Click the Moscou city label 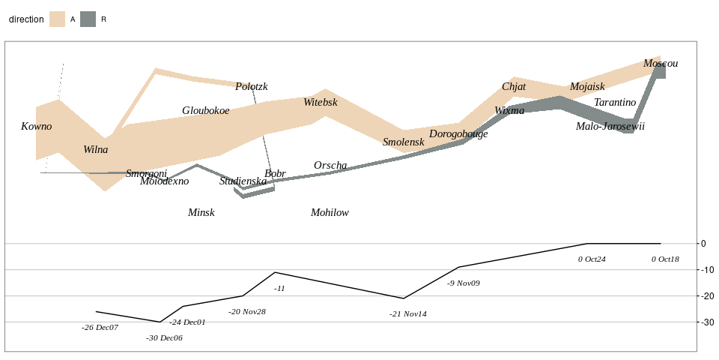pyautogui.click(x=661, y=64)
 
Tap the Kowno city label pyautogui.click(x=37, y=126)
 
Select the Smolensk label pyautogui.click(x=403, y=142)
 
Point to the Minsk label pyautogui.click(x=201, y=212)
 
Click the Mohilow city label pyautogui.click(x=330, y=212)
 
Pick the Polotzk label pyautogui.click(x=251, y=86)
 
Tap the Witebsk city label pyautogui.click(x=321, y=102)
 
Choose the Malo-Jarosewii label pyautogui.click(x=610, y=126)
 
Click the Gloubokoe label pyautogui.click(x=206, y=110)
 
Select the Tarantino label pyautogui.click(x=615, y=102)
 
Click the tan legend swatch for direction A pyautogui.click(x=57, y=19)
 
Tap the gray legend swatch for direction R pyautogui.click(x=88, y=19)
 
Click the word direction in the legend pyautogui.click(x=26, y=19)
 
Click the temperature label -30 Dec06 pyautogui.click(x=164, y=337)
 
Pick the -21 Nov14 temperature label pyautogui.click(x=408, y=313)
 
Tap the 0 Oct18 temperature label pyautogui.click(x=665, y=259)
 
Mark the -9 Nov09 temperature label pyautogui.click(x=464, y=283)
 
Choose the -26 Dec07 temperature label pyautogui.click(x=100, y=327)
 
